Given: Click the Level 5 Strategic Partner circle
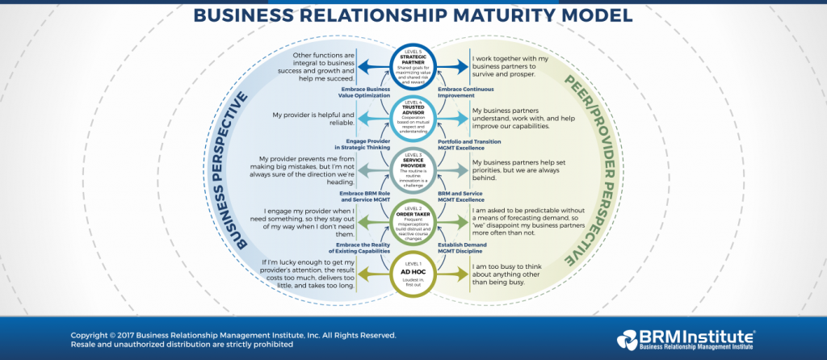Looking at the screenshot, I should click(x=413, y=66).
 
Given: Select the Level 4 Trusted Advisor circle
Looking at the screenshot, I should click(x=413, y=118).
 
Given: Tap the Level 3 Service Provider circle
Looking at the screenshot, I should click(x=413, y=169).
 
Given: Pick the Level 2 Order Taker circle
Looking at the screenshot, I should click(x=413, y=220).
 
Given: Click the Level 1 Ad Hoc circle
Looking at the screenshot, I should click(x=413, y=272).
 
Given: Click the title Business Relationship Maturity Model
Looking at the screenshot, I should click(x=413, y=15).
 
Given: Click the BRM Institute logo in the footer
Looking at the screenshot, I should click(x=686, y=340).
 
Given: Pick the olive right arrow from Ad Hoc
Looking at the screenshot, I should click(x=456, y=272).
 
